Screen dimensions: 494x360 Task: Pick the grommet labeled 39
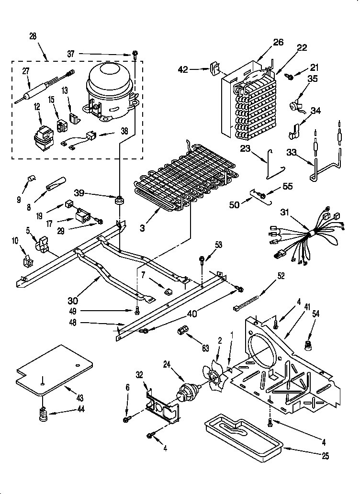point(118,199)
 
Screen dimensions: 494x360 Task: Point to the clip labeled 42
point(214,69)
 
